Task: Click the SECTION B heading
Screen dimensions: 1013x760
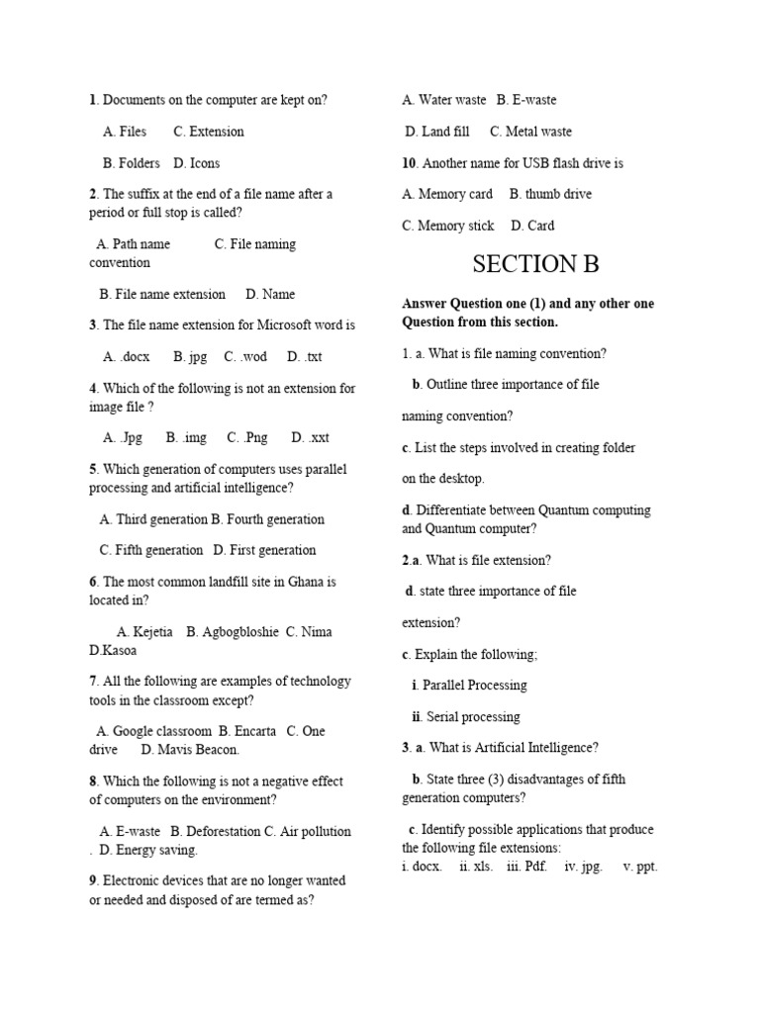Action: click(x=535, y=264)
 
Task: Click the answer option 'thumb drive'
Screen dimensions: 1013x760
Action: click(x=550, y=194)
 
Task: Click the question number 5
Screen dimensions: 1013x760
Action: click(x=93, y=469)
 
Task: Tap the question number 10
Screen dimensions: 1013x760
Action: click(x=410, y=163)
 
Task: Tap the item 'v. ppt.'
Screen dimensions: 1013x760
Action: click(x=640, y=866)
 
